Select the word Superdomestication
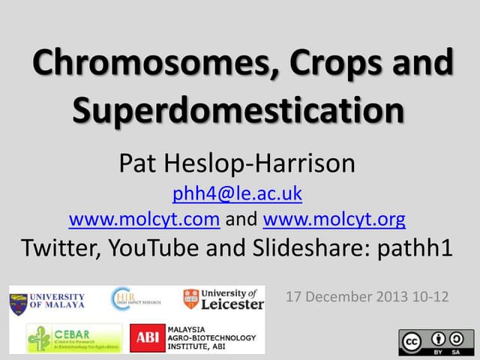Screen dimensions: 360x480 [x=238, y=112]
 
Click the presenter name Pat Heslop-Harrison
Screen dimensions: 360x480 [x=237, y=162]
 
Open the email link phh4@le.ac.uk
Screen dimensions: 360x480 [x=237, y=193]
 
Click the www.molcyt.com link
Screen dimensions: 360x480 [x=144, y=220]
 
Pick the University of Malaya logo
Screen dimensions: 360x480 [x=46, y=301]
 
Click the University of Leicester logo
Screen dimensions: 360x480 [x=223, y=298]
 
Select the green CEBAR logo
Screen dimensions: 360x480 [x=73, y=338]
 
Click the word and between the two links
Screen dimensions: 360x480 [x=241, y=220]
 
